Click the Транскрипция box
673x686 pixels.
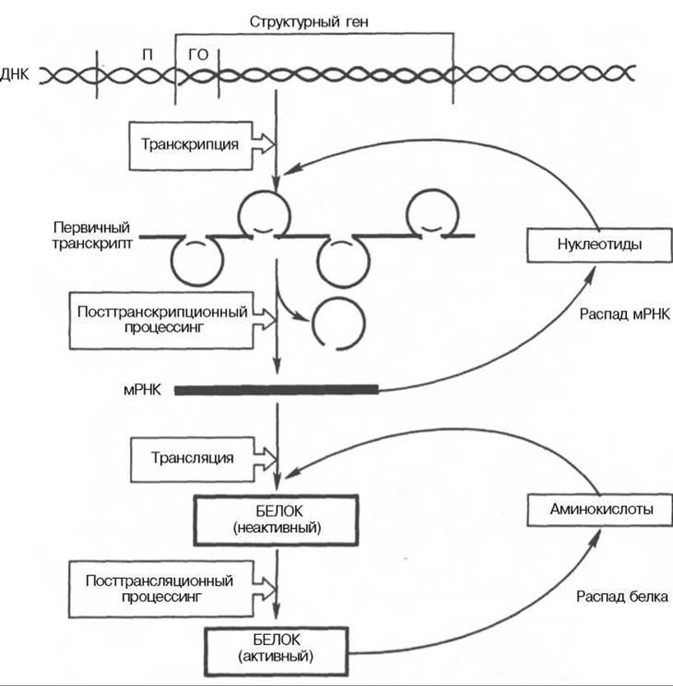coord(191,146)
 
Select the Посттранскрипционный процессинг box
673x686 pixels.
coord(161,321)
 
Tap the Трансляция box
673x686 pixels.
coord(193,459)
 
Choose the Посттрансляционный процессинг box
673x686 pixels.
coord(161,589)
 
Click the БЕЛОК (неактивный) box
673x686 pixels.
coord(276,520)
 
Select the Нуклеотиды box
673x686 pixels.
coord(600,244)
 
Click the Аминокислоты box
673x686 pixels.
coord(600,509)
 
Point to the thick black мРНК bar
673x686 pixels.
coord(276,390)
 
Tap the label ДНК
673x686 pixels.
coord(15,74)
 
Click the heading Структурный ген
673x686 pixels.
coord(309,21)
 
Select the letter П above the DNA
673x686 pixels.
coord(148,54)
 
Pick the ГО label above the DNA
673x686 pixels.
coord(198,54)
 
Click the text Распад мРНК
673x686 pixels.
coord(624,314)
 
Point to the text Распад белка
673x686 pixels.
coord(622,596)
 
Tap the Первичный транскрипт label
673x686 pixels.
coord(92,235)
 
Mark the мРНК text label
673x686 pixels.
coord(142,390)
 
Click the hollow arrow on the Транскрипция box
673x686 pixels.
coord(263,143)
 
